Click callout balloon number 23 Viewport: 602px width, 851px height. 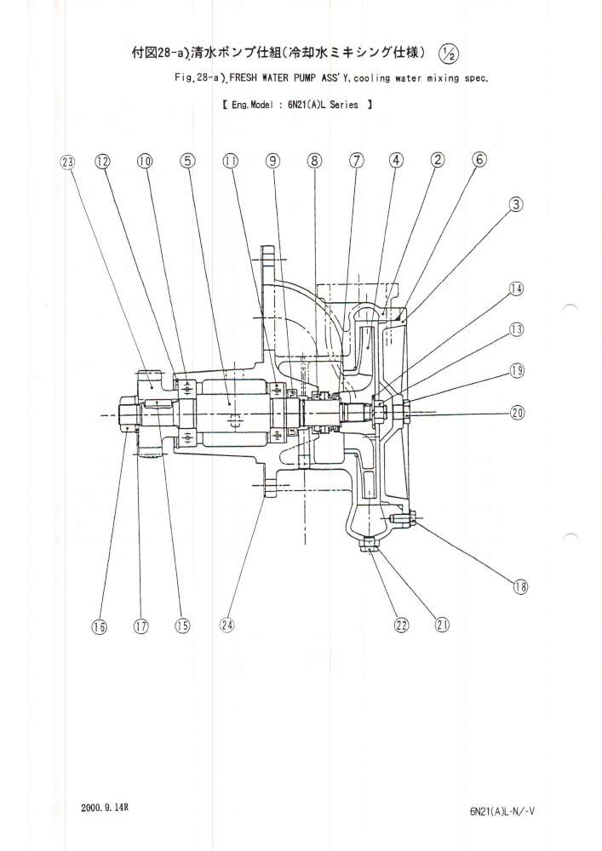(68, 162)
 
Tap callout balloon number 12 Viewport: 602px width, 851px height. (103, 162)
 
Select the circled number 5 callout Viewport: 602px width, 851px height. (187, 162)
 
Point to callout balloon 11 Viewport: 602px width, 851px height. (229, 162)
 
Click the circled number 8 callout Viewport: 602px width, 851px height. (314, 162)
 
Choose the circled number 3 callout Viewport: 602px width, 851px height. (517, 204)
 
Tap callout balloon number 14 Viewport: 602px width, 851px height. (517, 288)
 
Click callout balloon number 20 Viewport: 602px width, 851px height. (517, 413)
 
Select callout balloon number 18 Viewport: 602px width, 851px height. (519, 585)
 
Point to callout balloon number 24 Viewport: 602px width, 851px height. (226, 625)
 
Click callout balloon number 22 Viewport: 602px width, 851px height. (402, 625)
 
